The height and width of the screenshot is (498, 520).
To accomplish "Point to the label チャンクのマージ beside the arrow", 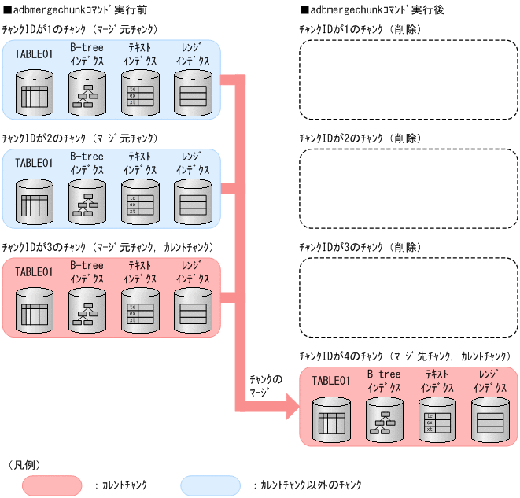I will tap(264, 385).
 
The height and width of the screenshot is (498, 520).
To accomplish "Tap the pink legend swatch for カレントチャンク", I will tap(52, 485).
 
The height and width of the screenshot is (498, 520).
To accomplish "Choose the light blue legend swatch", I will tap(210, 485).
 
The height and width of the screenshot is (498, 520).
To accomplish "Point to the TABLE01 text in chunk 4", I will tap(330, 381).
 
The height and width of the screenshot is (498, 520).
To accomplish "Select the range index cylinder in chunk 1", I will tap(192, 94).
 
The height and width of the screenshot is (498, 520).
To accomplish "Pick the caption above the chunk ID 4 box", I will tap(404, 356).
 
